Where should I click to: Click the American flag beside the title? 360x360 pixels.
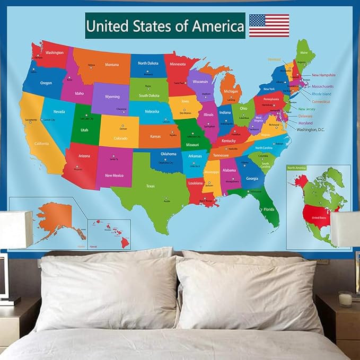269,25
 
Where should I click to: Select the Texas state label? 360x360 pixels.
151,186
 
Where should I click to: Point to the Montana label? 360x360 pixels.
112,65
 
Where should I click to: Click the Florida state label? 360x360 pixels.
269,209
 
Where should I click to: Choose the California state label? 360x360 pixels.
41,144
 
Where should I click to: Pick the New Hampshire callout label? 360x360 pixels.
323,75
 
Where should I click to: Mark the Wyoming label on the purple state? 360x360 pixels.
112,97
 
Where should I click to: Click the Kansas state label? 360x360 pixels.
155,137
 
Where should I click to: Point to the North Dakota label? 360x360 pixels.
149,63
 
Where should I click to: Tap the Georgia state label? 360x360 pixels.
252,178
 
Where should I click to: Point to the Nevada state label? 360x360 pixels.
59,112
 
